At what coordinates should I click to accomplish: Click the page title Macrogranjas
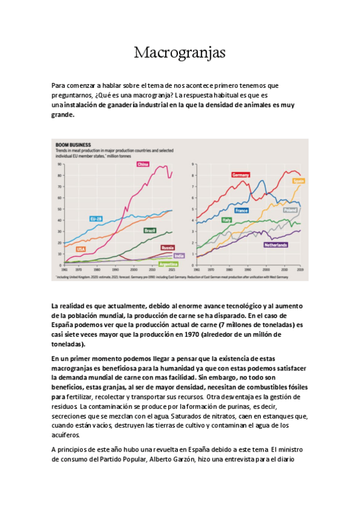click(x=180, y=52)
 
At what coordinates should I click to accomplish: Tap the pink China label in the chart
click(x=142, y=164)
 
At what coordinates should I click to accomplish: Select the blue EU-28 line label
click(x=96, y=218)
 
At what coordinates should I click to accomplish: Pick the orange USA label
click(x=81, y=248)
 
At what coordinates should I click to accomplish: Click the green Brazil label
click(x=150, y=230)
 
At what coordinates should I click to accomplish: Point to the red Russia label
click(x=168, y=247)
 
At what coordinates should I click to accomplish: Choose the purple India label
click(x=179, y=256)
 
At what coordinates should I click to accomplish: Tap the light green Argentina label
click(x=168, y=263)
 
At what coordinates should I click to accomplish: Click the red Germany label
click(x=240, y=174)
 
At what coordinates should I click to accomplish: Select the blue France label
click(x=242, y=210)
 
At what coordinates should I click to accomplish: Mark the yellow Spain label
click(x=298, y=180)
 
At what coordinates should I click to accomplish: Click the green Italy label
click(x=227, y=220)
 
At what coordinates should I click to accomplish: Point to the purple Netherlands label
click(x=275, y=245)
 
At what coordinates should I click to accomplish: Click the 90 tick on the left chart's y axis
click(x=59, y=164)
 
